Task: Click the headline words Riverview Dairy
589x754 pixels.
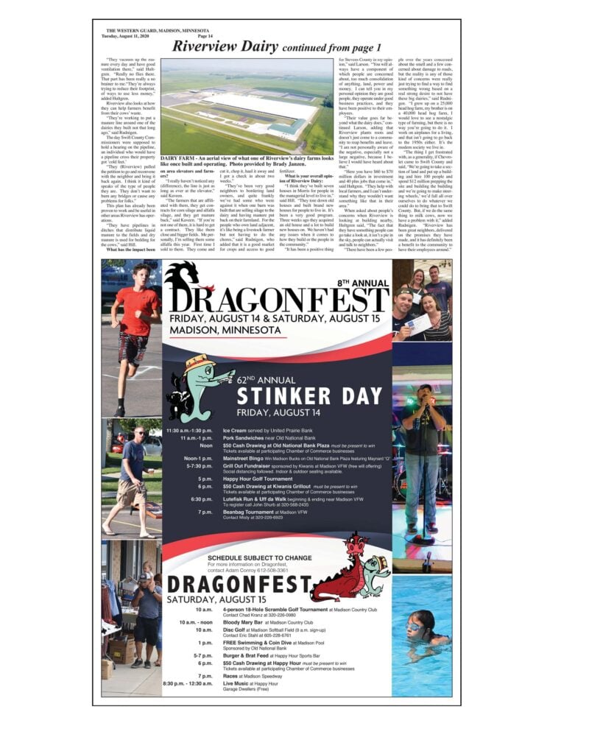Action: pos(222,46)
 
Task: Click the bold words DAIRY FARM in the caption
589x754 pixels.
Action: pos(177,158)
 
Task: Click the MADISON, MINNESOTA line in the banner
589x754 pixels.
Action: pos(221,331)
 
